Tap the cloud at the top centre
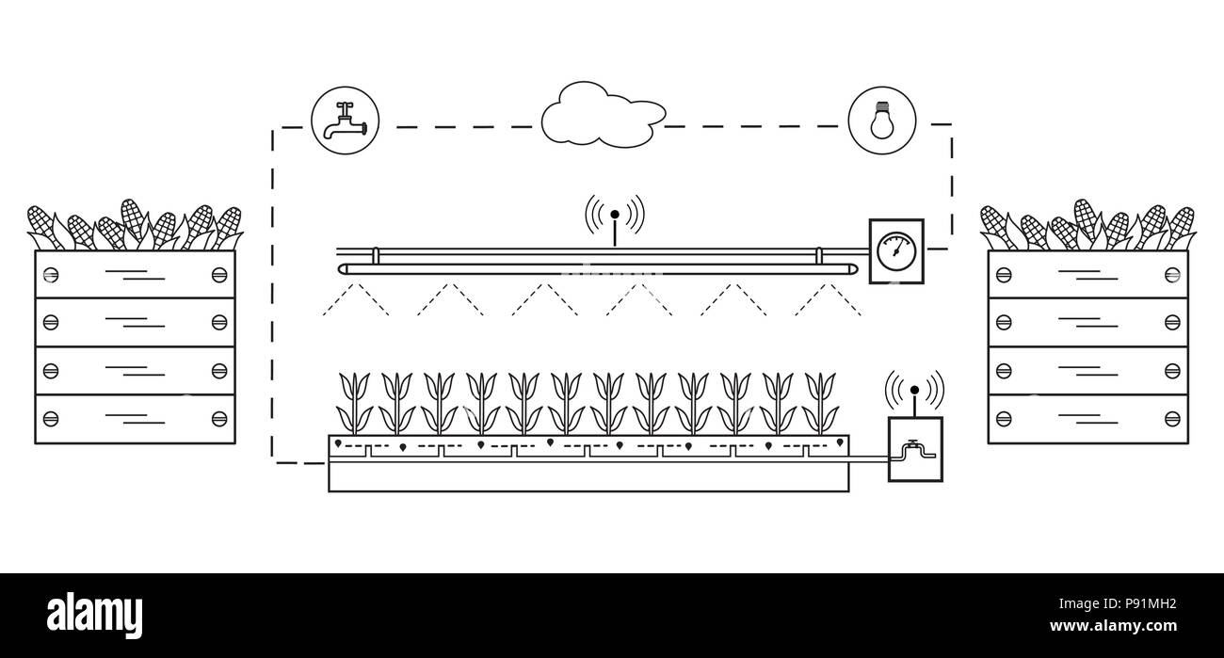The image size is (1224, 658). [598, 115]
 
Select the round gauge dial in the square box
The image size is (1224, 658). [894, 250]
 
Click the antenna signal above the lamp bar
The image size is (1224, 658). [615, 215]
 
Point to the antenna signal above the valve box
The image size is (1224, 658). [913, 389]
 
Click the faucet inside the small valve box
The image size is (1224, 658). [913, 451]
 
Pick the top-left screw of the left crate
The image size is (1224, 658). [51, 274]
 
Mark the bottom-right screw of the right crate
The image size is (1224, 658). [1171, 418]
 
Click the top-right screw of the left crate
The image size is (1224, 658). [219, 274]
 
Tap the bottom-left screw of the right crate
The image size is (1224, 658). [1004, 418]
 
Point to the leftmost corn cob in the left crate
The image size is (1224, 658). [41, 226]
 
